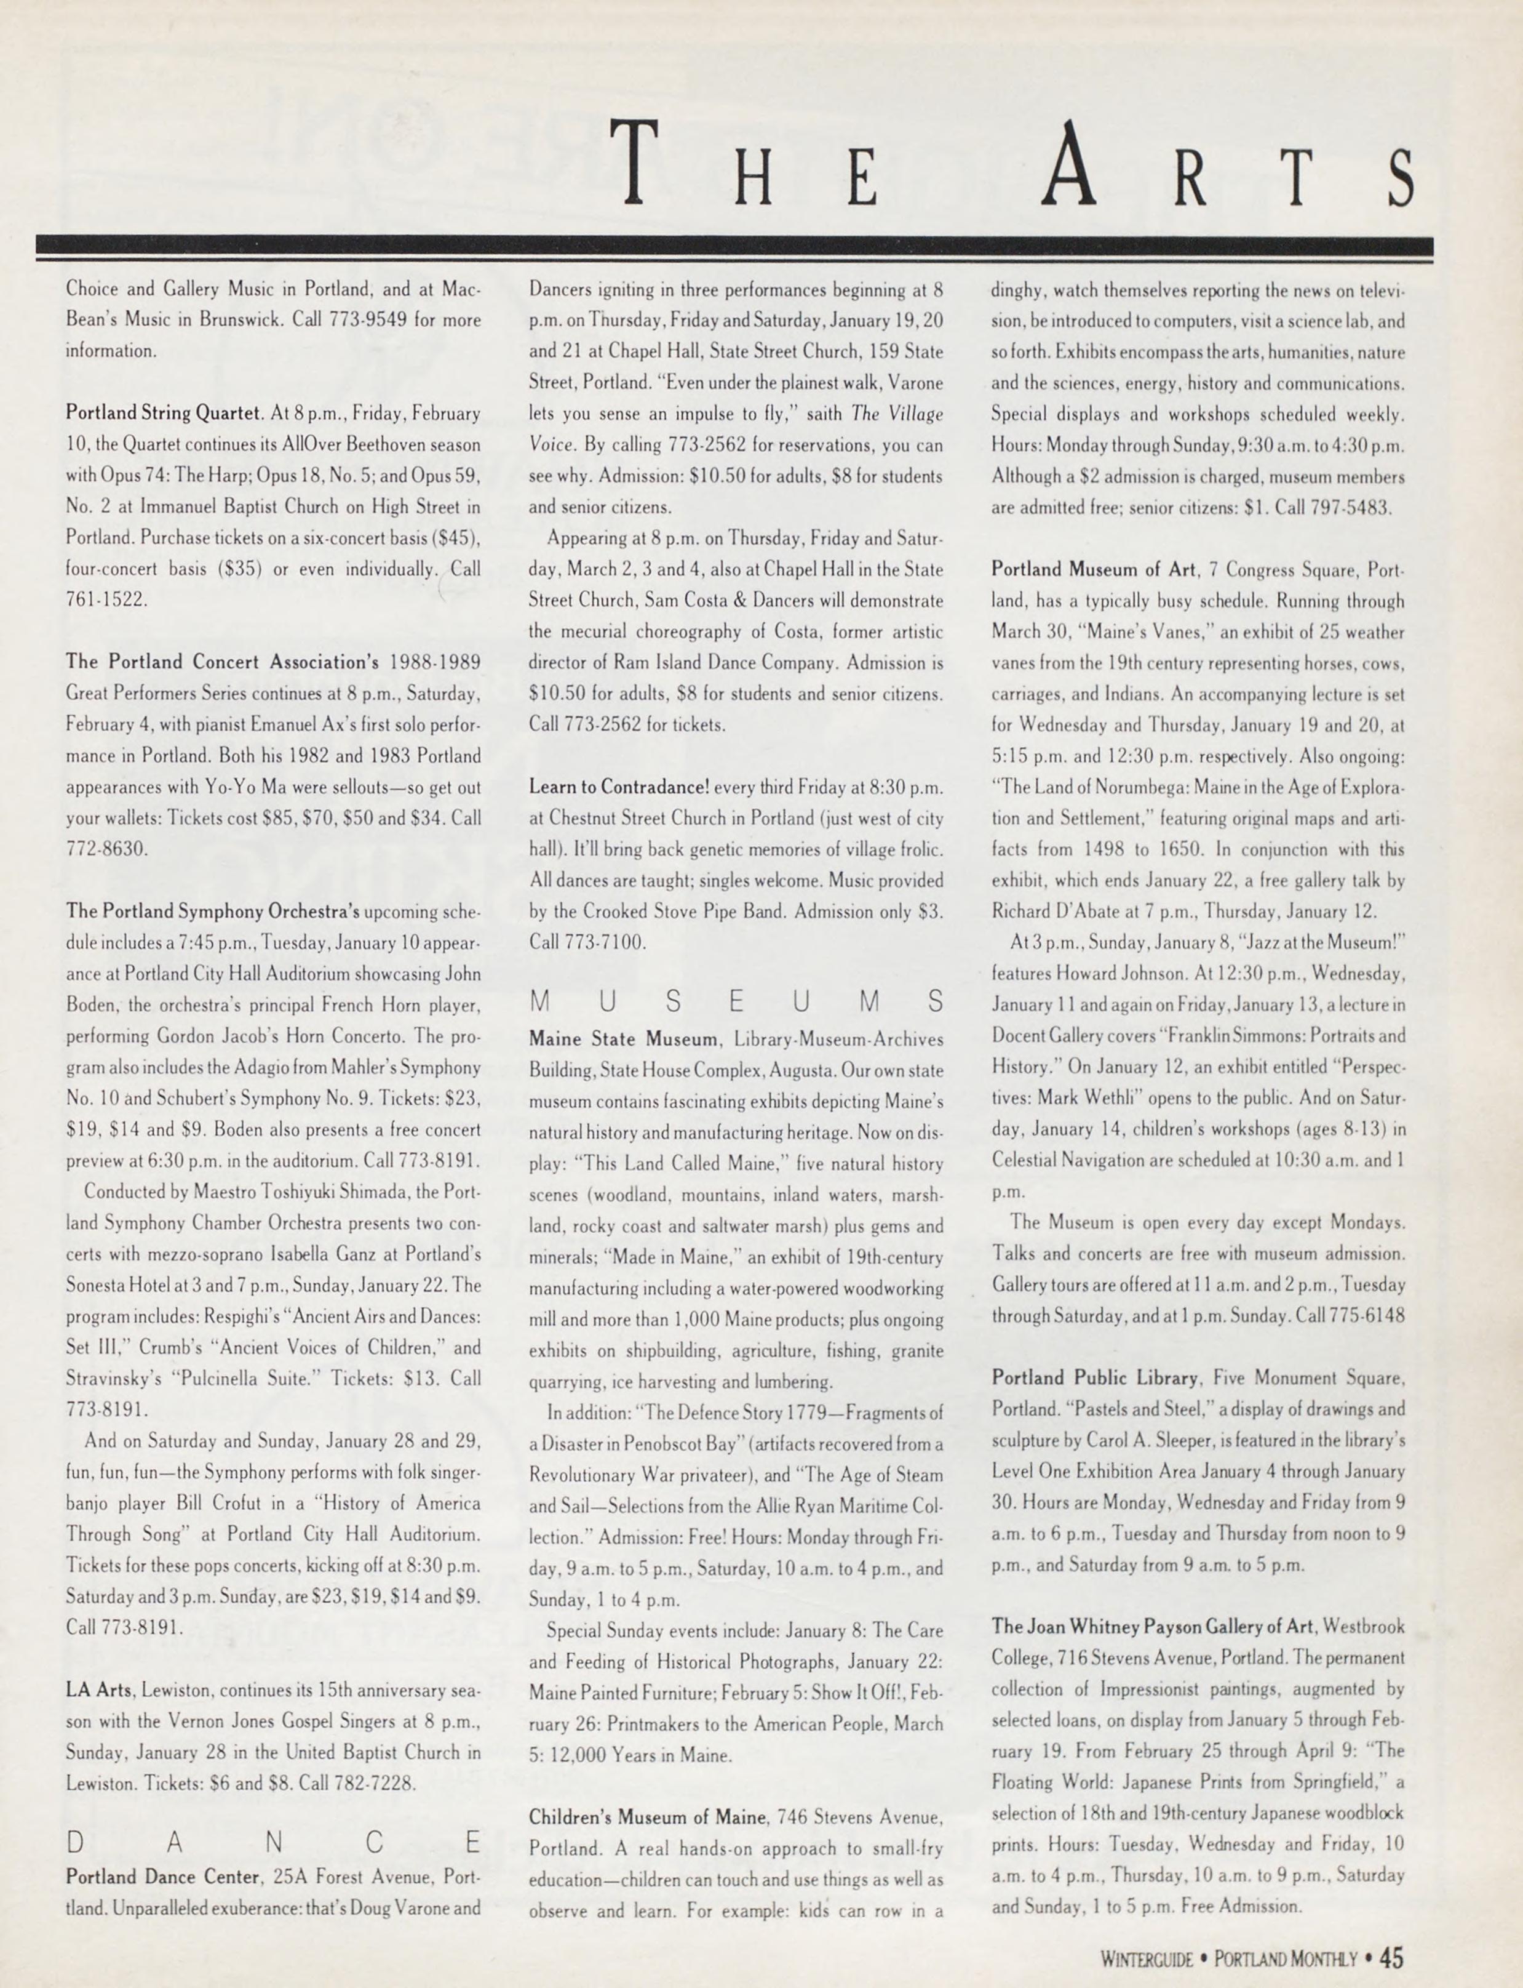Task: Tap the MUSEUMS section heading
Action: pos(736,1002)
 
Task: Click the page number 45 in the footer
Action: pos(1391,1957)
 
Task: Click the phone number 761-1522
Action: pos(106,599)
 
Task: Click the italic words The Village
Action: pos(897,414)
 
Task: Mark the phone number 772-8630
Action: pos(106,849)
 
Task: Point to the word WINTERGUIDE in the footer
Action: pos(1147,1959)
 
